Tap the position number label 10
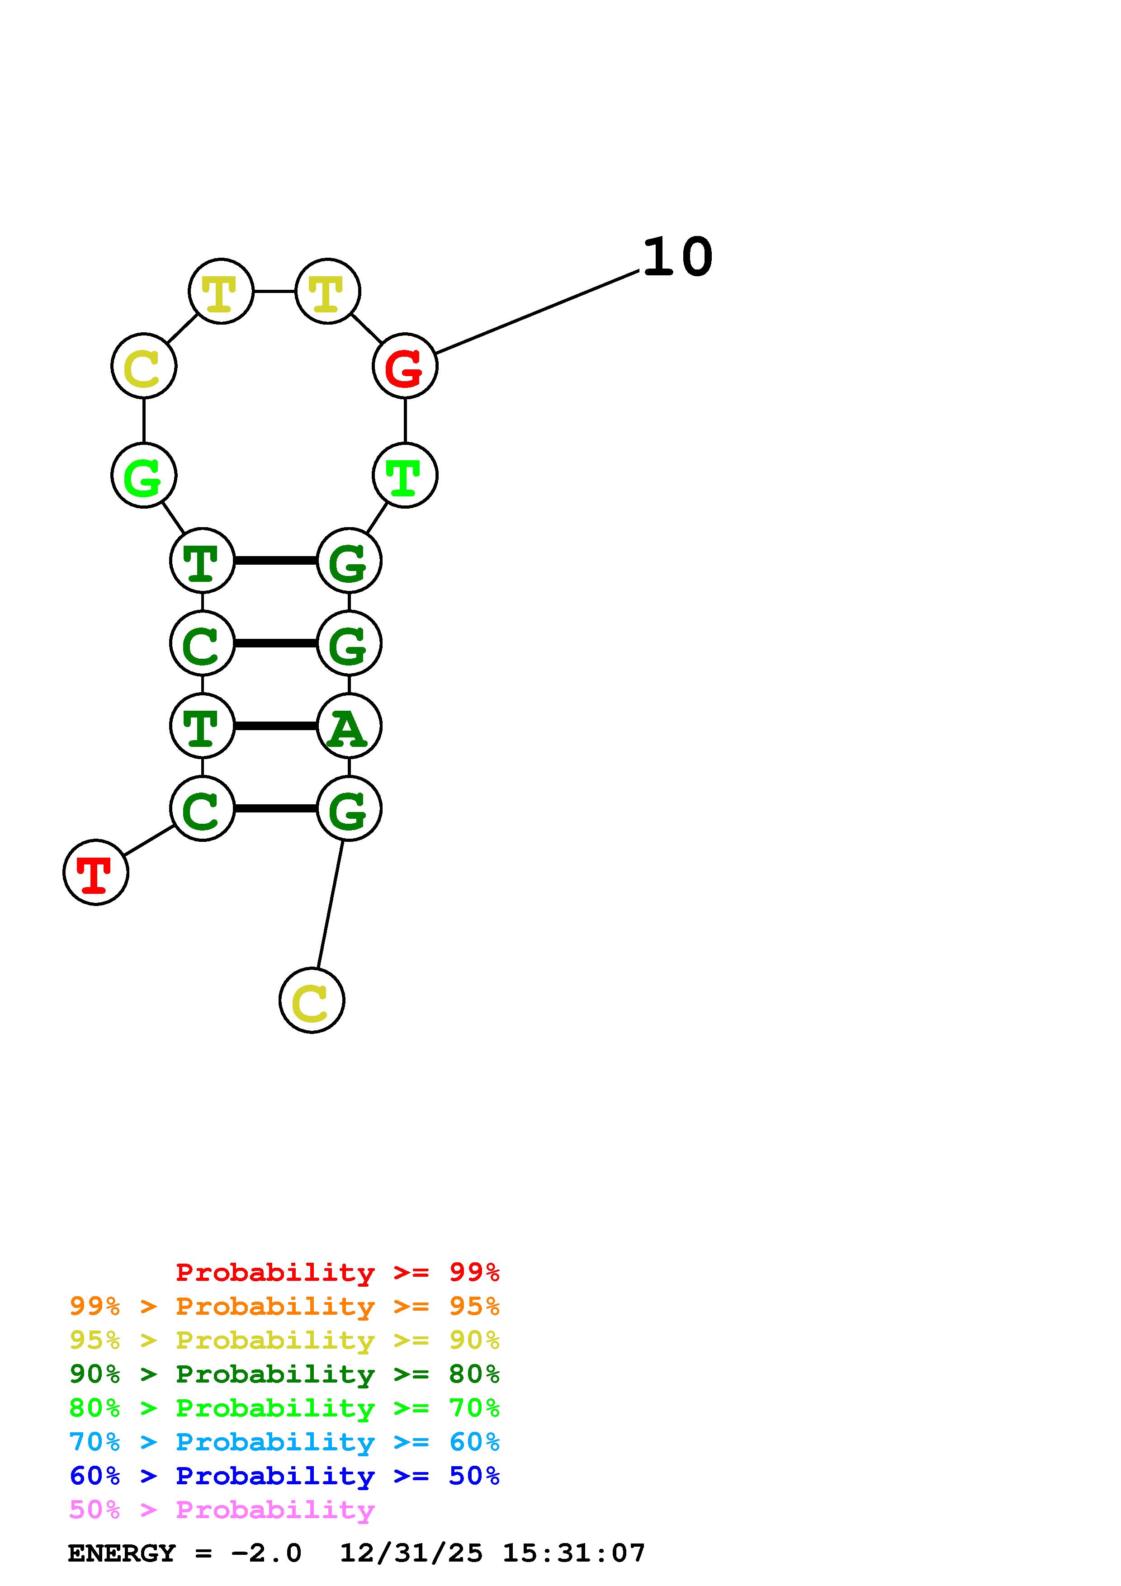pyautogui.click(x=677, y=257)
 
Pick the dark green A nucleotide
pyautogui.click(x=349, y=726)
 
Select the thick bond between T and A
pyautogui.click(x=275, y=726)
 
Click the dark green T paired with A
pyautogui.click(x=203, y=726)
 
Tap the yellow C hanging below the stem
pyautogui.click(x=312, y=1000)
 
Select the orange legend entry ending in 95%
pyautogui.click(x=284, y=1306)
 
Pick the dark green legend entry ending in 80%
pyautogui.click(x=284, y=1374)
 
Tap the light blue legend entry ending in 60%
pyautogui.click(x=284, y=1442)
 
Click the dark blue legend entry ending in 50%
pyautogui.click(x=284, y=1476)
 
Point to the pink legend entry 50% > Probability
pyautogui.click(x=222, y=1509)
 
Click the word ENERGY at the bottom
pyautogui.click(x=122, y=1553)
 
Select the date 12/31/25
pyautogui.click(x=411, y=1553)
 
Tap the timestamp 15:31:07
pyautogui.click(x=573, y=1553)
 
